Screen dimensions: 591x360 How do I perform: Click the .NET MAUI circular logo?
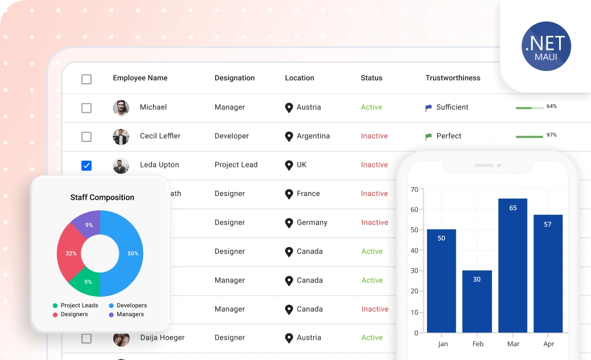coord(546,46)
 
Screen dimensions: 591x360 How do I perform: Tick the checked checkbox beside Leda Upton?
coord(86,166)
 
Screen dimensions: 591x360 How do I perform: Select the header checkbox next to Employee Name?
coord(86,79)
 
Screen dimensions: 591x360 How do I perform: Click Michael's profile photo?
coord(121,108)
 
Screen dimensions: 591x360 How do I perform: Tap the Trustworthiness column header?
coord(453,78)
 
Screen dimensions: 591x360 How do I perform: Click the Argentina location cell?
coord(307,136)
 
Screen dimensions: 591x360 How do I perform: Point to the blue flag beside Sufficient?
coord(429,108)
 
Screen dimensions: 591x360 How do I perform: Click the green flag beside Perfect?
coord(429,137)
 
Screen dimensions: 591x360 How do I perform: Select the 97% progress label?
coord(551,135)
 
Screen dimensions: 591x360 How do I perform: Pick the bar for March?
coord(513,265)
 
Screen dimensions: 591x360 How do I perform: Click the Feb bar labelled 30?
coord(477,301)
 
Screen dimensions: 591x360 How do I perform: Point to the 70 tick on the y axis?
coord(414,189)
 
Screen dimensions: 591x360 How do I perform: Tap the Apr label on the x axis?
coord(549,344)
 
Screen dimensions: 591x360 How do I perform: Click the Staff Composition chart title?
coord(102,197)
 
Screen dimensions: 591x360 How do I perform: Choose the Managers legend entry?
coord(126,314)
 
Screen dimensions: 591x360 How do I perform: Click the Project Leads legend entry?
coord(75,306)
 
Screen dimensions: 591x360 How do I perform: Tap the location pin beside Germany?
coord(289,223)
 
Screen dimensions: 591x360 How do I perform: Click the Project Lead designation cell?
coord(236,165)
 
